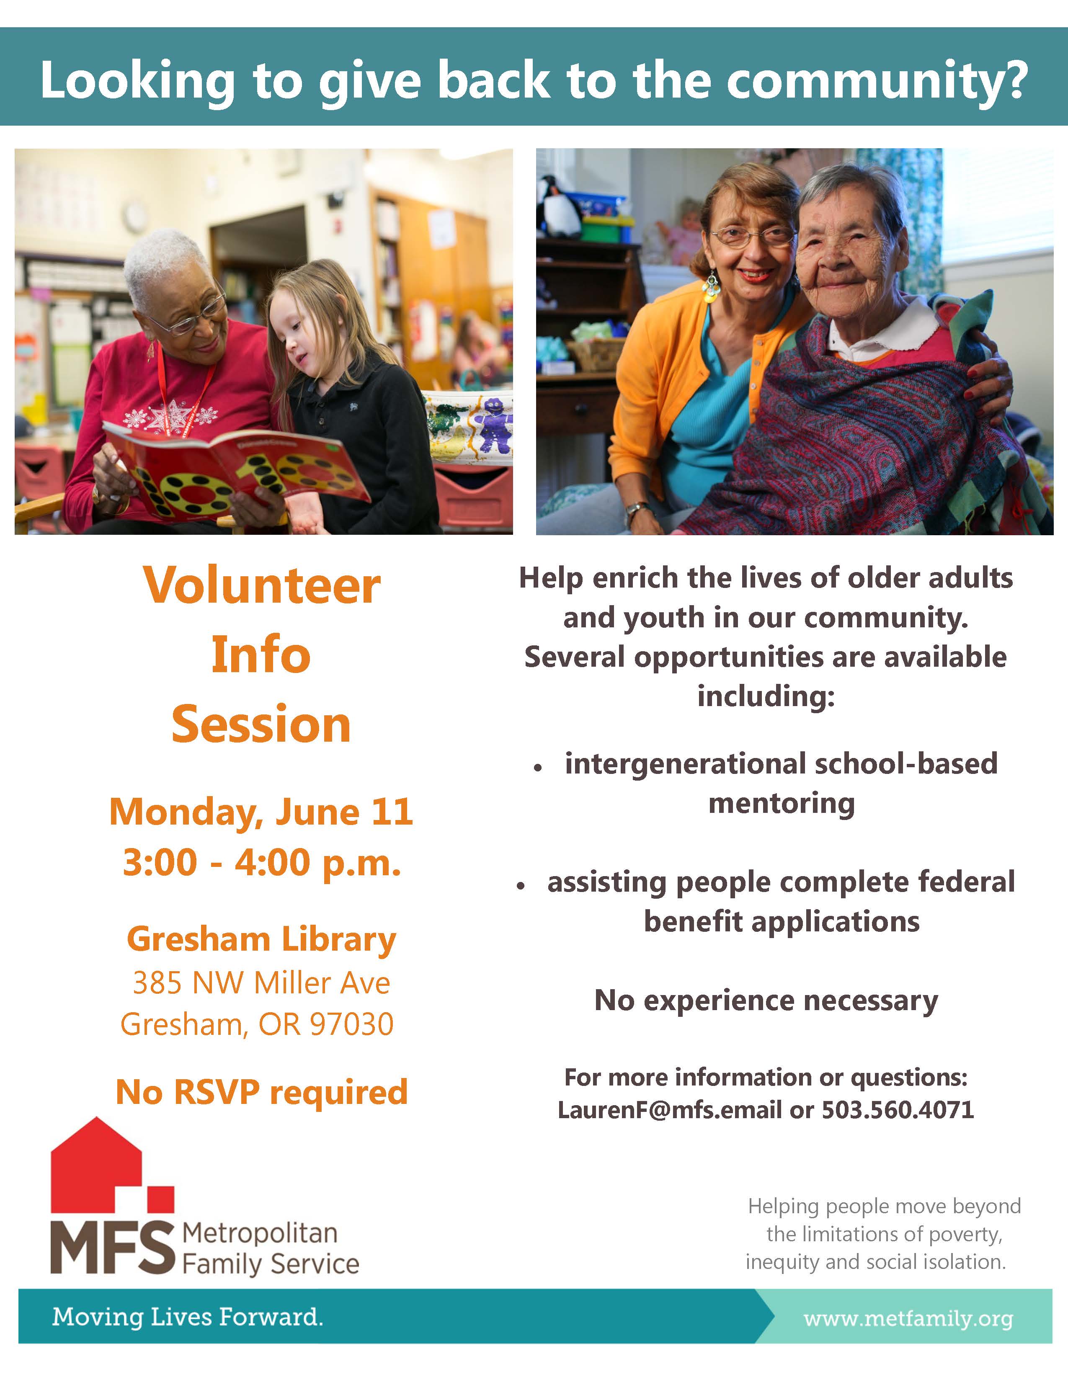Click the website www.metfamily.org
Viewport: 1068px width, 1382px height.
(908, 1319)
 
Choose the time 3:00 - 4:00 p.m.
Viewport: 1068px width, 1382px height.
(261, 863)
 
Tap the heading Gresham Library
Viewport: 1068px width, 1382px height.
(261, 940)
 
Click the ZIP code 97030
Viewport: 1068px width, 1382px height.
(352, 1024)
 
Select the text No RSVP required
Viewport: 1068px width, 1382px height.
(261, 1092)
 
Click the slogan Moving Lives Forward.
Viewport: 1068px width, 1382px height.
(187, 1317)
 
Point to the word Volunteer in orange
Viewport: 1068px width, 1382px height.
(261, 585)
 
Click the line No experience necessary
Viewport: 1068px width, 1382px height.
(766, 1001)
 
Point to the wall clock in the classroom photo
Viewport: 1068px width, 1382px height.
(135, 217)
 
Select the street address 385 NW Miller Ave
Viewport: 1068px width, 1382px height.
(261, 983)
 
